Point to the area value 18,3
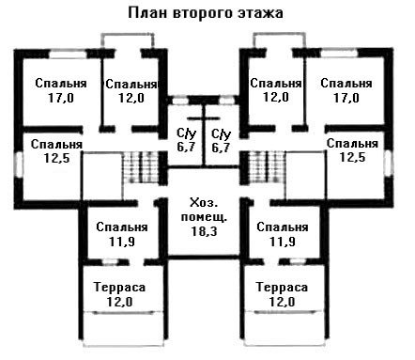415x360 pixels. click(204, 231)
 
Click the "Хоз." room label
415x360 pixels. click(204, 203)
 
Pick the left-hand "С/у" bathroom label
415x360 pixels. click(186, 133)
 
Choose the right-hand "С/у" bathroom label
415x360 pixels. click(221, 134)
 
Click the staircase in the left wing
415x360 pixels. click(141, 167)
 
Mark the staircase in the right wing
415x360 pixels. click(267, 167)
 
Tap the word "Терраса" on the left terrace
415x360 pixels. click(119, 288)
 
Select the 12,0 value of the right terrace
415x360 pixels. click(282, 302)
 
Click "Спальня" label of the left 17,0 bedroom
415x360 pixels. click(61, 84)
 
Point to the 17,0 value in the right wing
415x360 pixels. click(346, 99)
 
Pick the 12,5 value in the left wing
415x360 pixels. click(56, 158)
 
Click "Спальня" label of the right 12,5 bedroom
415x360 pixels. click(352, 144)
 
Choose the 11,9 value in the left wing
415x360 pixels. click(122, 242)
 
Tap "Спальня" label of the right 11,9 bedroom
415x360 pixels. click(283, 227)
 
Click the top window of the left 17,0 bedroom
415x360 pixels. click(68, 54)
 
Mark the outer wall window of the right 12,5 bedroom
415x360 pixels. click(389, 163)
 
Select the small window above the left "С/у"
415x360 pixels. click(180, 101)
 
